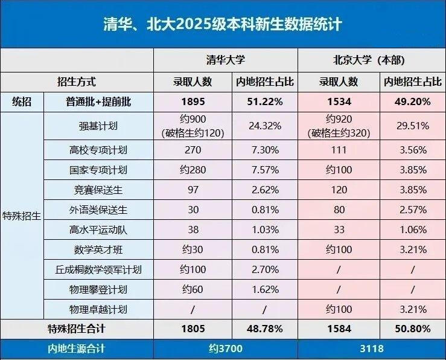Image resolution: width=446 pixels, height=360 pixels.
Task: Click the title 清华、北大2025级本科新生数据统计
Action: [x=223, y=24]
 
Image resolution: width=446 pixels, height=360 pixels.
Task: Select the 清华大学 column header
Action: [x=225, y=61]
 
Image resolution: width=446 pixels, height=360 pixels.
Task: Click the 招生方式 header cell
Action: [x=76, y=82]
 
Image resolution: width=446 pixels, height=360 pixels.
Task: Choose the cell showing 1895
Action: [x=193, y=102]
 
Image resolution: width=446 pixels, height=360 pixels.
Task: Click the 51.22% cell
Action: [x=265, y=102]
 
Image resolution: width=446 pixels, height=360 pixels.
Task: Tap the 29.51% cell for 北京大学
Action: [x=412, y=126]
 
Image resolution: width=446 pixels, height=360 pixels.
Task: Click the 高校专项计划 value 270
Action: [x=193, y=149]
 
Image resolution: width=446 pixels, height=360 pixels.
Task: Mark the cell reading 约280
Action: [x=193, y=170]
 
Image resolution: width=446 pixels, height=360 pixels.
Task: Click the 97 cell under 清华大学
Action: [x=193, y=190]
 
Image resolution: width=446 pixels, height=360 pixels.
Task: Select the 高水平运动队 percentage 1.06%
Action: [x=412, y=230]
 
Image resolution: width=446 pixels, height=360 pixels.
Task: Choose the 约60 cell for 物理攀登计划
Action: [x=193, y=289]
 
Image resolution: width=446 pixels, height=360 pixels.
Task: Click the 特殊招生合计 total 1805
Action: [x=193, y=329]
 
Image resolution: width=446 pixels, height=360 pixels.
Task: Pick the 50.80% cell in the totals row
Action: [x=412, y=329]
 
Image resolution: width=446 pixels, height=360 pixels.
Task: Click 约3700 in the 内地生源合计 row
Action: [x=225, y=349]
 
